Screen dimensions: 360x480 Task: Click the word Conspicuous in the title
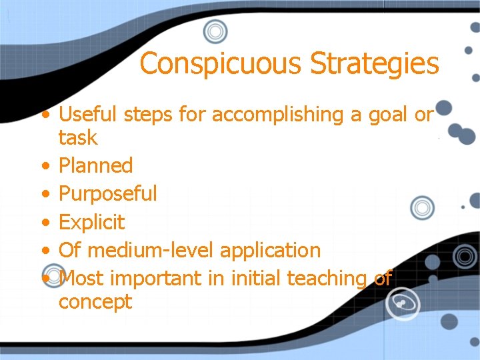[222, 64]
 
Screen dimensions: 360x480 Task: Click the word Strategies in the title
[375, 64]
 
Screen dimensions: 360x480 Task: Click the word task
[78, 138]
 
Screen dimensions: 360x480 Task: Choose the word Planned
[96, 165]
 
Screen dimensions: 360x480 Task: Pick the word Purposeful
[108, 194]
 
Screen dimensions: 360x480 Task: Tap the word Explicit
[92, 222]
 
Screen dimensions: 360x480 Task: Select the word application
[270, 250]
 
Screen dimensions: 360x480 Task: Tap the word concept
[95, 302]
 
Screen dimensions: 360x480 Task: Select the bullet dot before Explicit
[45, 223]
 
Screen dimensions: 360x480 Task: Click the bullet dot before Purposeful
[45, 195]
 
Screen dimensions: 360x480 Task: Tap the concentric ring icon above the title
[215, 31]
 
